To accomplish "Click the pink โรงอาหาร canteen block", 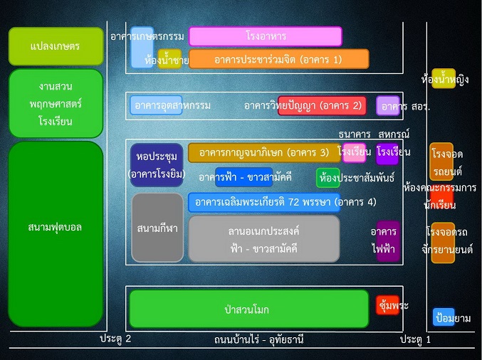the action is pyautogui.click(x=266, y=36).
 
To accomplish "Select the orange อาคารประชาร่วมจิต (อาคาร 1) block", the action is pyautogui.click(x=279, y=58).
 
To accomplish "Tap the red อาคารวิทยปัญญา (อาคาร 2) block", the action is pyautogui.click(x=322, y=106).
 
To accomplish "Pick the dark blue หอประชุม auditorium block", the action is pyautogui.click(x=157, y=165).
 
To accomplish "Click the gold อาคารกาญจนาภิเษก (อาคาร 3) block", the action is pyautogui.click(x=264, y=153).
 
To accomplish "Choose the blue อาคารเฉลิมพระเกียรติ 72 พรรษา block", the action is pyautogui.click(x=264, y=203).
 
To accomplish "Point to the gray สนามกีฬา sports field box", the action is pyautogui.click(x=157, y=228).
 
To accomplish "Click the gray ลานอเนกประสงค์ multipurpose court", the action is pyautogui.click(x=264, y=238).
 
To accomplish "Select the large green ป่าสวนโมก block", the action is pyautogui.click(x=249, y=309).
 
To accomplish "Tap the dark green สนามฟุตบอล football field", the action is pyautogui.click(x=56, y=234).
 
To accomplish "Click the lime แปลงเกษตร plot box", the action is pyautogui.click(x=56, y=46).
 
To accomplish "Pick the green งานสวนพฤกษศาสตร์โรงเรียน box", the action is pyautogui.click(x=56, y=103).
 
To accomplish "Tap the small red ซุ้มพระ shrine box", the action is pyautogui.click(x=387, y=305).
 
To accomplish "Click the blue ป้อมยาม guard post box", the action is pyautogui.click(x=444, y=317).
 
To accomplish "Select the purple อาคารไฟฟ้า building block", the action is pyautogui.click(x=388, y=241).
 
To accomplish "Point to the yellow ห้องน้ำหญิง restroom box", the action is pyautogui.click(x=444, y=79).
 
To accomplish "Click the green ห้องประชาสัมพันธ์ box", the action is pyautogui.click(x=328, y=178).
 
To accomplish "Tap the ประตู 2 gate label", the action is pyautogui.click(x=115, y=339).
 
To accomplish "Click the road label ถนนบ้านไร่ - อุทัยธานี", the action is pyautogui.click(x=259, y=339).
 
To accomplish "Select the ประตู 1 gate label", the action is pyautogui.click(x=415, y=339).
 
